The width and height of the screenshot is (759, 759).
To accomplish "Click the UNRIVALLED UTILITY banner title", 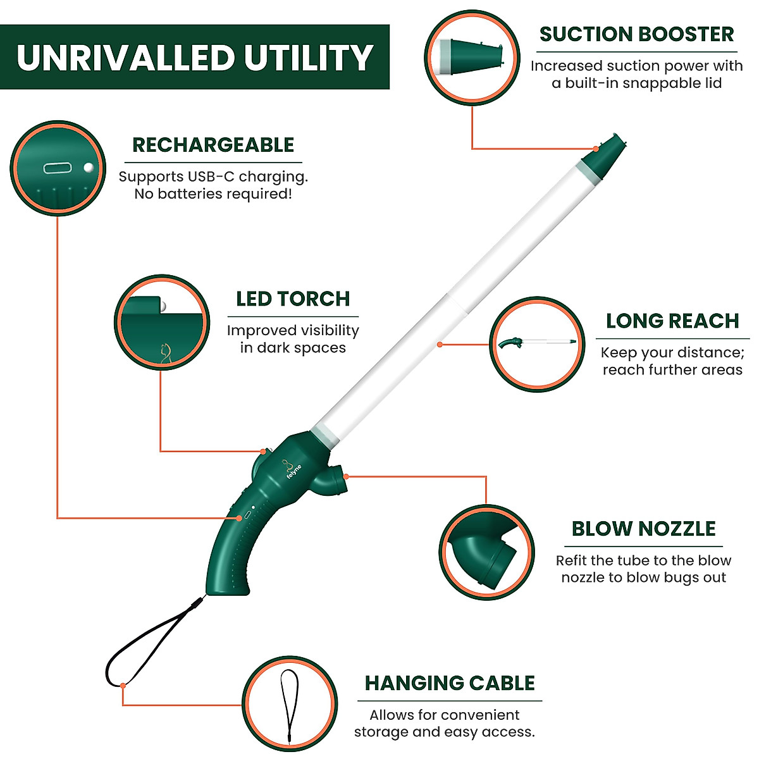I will point(194,58).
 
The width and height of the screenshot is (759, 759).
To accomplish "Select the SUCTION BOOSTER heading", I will point(636,34).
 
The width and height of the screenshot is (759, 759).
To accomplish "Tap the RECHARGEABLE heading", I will point(213,145).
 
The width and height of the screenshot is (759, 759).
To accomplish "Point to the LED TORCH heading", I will point(293,299).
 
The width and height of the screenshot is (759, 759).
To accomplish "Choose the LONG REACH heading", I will point(672,321).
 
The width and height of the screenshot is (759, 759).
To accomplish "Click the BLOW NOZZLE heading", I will point(643,529).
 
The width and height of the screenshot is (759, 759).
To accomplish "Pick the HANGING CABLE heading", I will point(450,683).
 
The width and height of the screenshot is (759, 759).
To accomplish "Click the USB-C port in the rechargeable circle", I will point(58,168).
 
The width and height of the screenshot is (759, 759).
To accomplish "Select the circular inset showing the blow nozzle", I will point(486,552).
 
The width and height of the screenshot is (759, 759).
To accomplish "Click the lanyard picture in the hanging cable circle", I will point(289,705).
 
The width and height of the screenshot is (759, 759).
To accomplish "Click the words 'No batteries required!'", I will point(213,194).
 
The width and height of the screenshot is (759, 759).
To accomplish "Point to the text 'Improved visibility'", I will point(293,330).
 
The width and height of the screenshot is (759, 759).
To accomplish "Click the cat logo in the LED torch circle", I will point(165,353).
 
